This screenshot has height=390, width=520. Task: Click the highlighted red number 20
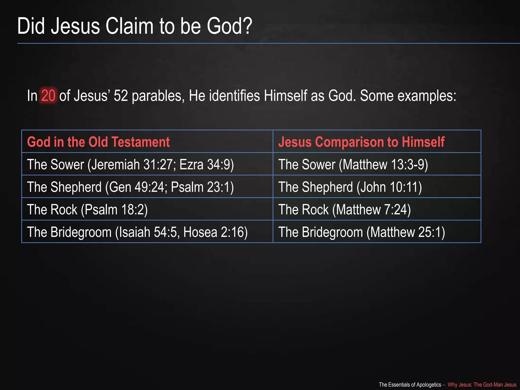tap(48, 96)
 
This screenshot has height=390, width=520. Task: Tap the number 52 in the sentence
tap(121, 96)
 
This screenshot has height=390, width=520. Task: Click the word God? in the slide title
tap(229, 26)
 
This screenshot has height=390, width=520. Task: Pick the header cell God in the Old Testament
tap(98, 142)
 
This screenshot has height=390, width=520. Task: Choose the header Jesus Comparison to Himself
tap(361, 142)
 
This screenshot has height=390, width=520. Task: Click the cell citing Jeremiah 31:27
tap(130, 164)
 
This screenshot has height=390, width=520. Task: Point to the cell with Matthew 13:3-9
tap(353, 164)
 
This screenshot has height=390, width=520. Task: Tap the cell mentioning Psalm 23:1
tap(130, 187)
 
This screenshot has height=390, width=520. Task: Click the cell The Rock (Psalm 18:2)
tap(87, 209)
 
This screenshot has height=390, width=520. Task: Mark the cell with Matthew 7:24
tap(345, 209)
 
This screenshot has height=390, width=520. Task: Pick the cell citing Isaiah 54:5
tap(137, 232)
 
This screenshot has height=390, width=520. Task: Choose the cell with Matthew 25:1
tap(362, 232)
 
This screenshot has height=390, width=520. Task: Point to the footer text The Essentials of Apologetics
tap(410, 385)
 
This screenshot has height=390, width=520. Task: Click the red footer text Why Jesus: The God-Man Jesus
tap(482, 385)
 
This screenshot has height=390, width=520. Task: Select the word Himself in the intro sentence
tap(286, 96)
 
